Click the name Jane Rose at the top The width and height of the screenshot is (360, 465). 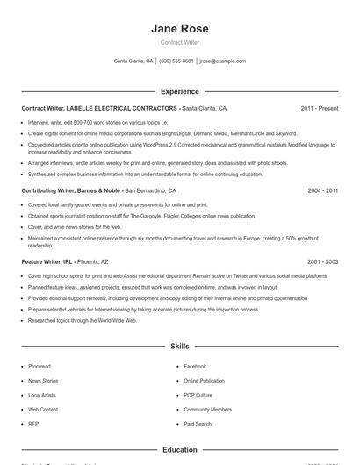click(x=180, y=29)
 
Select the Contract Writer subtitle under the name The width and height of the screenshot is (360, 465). click(x=180, y=42)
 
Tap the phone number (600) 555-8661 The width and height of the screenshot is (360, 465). click(x=176, y=61)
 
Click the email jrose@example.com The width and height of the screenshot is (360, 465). click(x=223, y=61)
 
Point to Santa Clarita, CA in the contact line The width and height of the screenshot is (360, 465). click(x=133, y=61)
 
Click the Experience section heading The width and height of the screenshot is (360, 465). click(x=180, y=91)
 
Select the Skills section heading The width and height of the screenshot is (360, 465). click(x=180, y=347)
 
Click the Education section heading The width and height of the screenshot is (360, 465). click(x=180, y=450)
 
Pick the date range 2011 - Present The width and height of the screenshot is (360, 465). click(x=319, y=108)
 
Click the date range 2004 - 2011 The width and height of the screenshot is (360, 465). click(x=321, y=190)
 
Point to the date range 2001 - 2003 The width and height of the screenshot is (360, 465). click(x=321, y=261)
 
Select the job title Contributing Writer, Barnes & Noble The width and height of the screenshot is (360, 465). click(x=70, y=190)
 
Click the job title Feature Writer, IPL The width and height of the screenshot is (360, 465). click(x=47, y=261)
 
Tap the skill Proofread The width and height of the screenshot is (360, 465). click(x=40, y=366)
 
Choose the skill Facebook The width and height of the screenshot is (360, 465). click(x=195, y=366)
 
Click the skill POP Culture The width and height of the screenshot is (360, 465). click(x=198, y=395)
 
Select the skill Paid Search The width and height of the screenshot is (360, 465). click(x=198, y=424)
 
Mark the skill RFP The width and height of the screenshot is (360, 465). click(x=33, y=424)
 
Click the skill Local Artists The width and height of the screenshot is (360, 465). click(x=42, y=395)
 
